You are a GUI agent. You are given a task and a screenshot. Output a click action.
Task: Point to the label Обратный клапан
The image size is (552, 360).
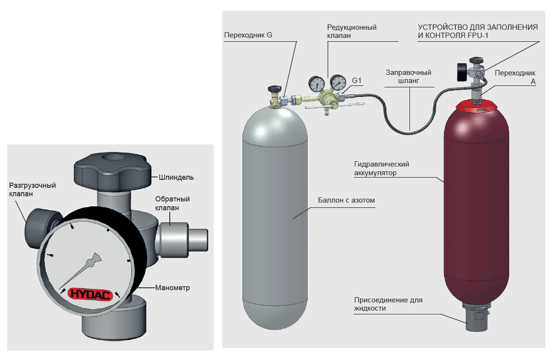pos(172,204)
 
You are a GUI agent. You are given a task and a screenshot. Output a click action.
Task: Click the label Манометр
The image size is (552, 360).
pos(173,288)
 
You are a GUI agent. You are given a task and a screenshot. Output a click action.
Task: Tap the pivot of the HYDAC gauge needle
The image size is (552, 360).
pos(90,263)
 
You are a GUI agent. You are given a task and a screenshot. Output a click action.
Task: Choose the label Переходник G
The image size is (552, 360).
pos(248,35)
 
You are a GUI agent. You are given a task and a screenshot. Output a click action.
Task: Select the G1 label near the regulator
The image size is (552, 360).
pos(357,81)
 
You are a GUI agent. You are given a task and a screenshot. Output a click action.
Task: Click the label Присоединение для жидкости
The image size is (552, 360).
pos(388,304)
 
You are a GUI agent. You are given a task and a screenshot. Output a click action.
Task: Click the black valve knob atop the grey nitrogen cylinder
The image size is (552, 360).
pos(275,89)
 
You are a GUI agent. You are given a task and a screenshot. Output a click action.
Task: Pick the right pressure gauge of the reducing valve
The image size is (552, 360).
pos(339,83)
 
